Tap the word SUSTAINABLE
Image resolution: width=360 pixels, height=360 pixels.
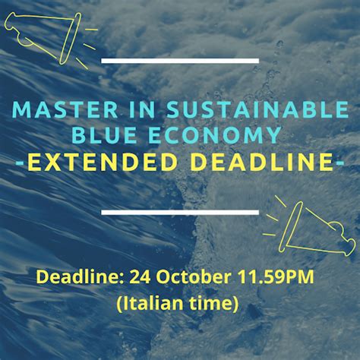point(257,110)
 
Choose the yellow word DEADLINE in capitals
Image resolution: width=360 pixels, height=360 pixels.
point(263,161)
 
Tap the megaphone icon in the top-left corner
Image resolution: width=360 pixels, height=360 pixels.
point(47,37)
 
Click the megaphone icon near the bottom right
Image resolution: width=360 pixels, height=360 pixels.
point(309,228)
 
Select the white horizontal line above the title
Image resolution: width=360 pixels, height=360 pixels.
point(180,61)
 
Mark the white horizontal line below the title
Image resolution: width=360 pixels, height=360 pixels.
point(180,212)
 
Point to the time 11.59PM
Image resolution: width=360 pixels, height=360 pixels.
point(275,276)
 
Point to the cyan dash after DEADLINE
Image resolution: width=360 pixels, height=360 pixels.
point(339,162)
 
